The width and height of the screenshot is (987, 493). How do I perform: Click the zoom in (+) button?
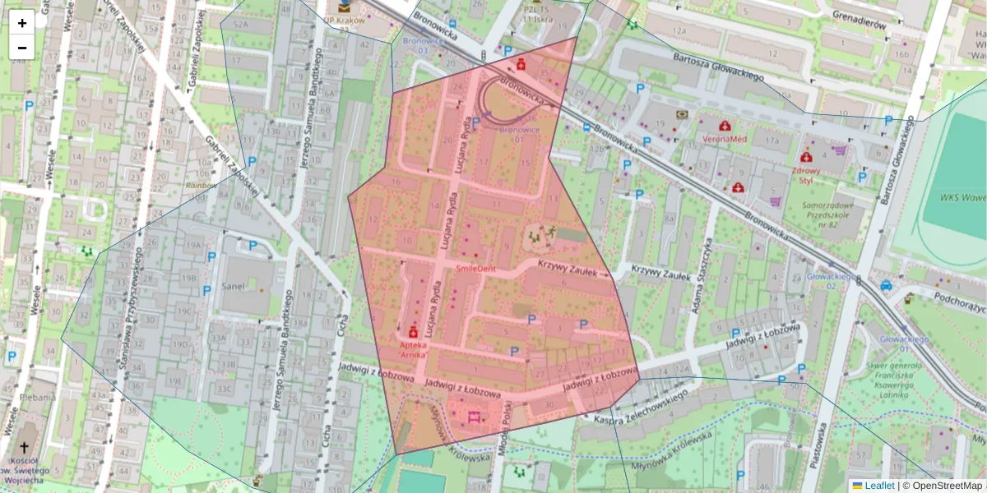[x=22, y=23]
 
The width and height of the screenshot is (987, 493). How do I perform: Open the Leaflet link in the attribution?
[x=878, y=486]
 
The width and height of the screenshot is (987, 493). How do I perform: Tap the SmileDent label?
[x=475, y=269]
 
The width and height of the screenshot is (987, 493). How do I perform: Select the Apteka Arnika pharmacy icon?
[x=413, y=332]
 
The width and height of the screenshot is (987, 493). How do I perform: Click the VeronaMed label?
[x=724, y=140]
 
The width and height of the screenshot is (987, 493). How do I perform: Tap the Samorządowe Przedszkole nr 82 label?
[x=824, y=214]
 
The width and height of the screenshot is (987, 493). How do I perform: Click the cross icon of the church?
[x=25, y=448]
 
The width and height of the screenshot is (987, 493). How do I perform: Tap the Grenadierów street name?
[x=858, y=24]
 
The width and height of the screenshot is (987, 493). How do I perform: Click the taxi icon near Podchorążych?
[x=886, y=286]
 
